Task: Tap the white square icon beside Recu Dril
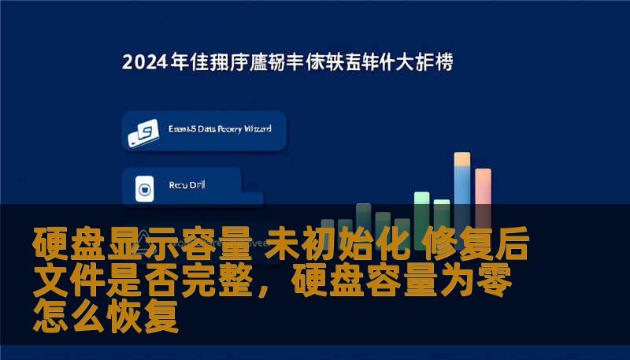click(x=143, y=188)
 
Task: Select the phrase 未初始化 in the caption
click(x=334, y=245)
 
